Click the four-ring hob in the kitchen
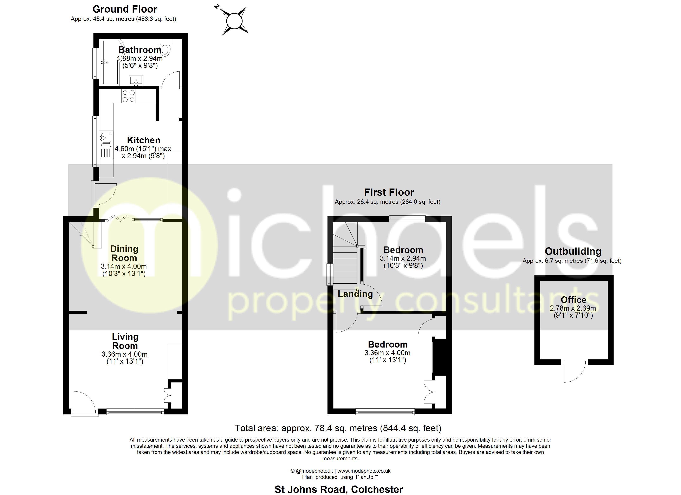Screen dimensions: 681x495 [x=129, y=96]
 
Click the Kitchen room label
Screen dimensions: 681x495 [x=144, y=140]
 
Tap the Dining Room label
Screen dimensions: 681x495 [x=124, y=253]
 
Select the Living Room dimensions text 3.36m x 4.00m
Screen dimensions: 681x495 [x=125, y=354]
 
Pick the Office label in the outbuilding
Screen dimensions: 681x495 [x=573, y=300]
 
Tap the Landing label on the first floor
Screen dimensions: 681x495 [x=355, y=294]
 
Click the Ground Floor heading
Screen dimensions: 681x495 [x=125, y=9]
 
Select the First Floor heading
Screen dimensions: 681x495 [x=389, y=192]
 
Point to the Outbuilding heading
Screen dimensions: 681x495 [x=573, y=251]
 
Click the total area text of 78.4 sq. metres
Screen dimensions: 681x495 [x=338, y=428]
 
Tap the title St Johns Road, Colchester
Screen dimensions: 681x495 [x=339, y=489]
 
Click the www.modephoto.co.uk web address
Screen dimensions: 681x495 [x=364, y=471]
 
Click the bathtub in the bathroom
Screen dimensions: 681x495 [x=111, y=63]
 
